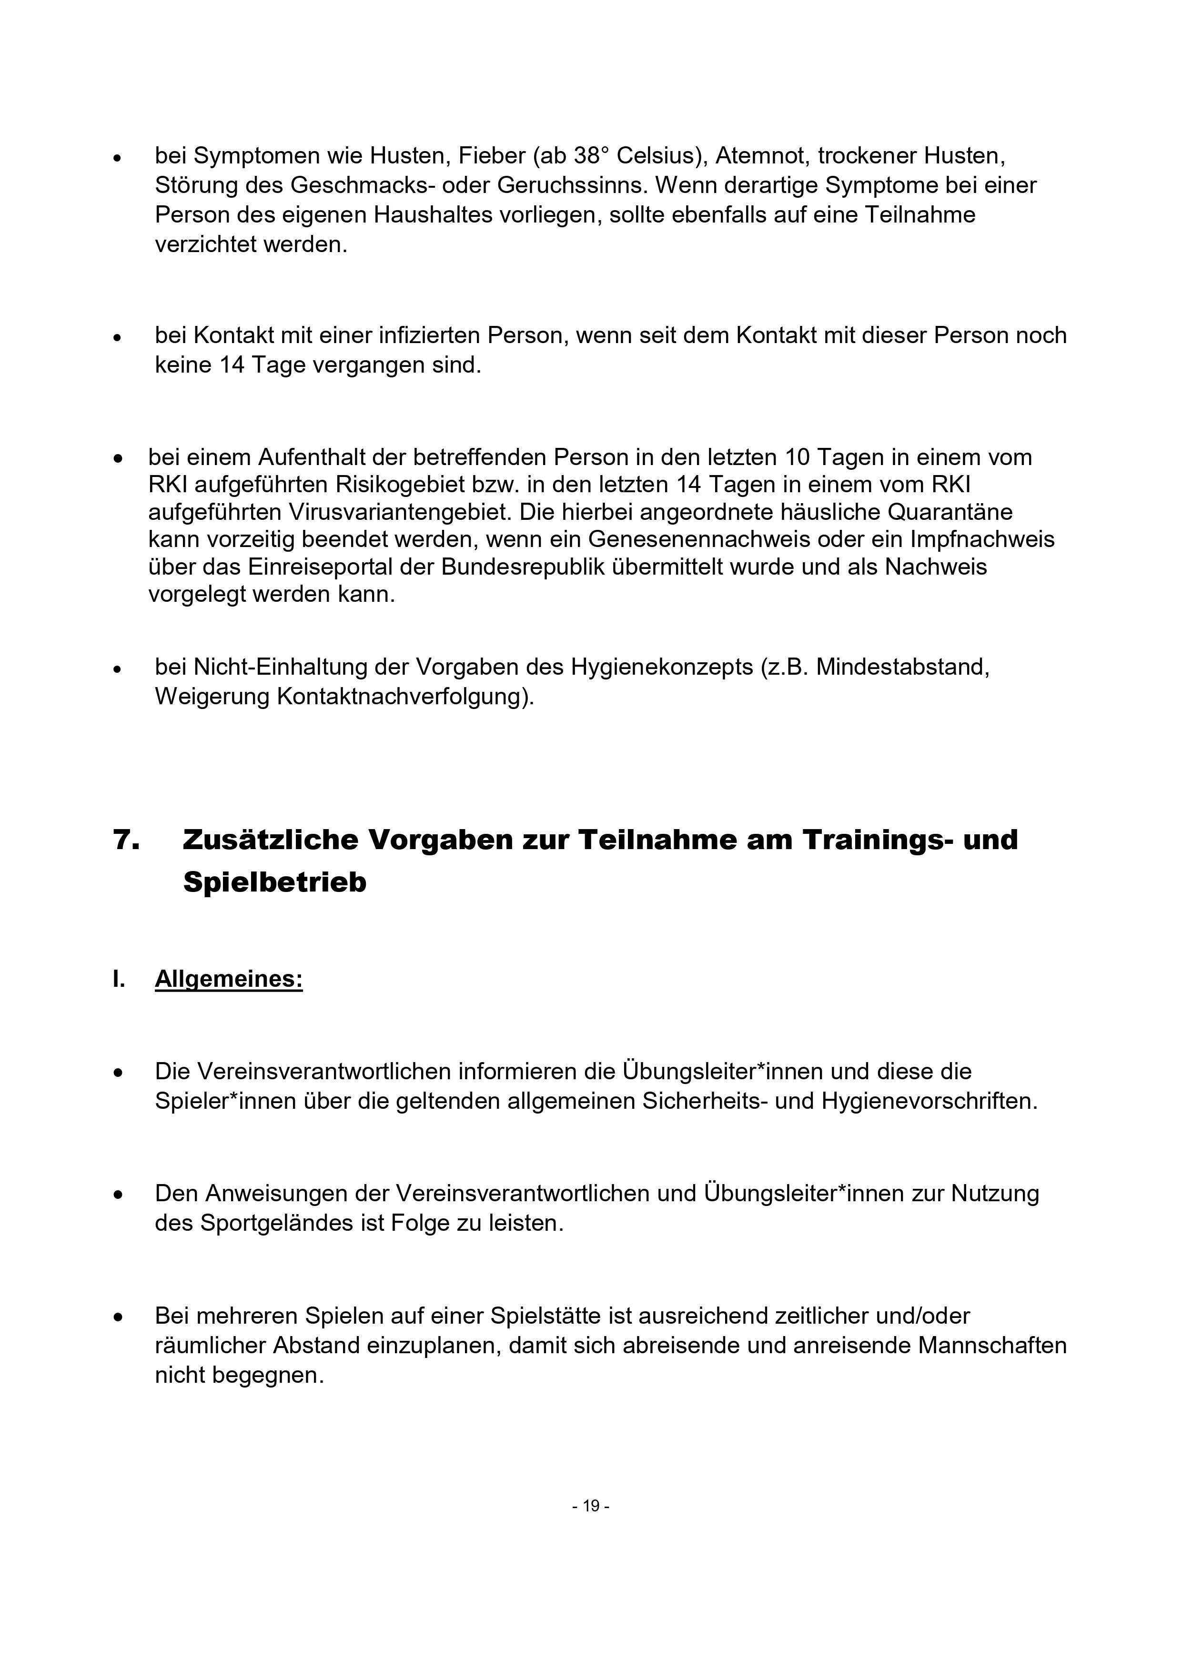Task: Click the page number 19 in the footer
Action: click(x=591, y=1505)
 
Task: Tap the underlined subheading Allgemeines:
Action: click(x=229, y=979)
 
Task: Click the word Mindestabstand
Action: click(x=902, y=667)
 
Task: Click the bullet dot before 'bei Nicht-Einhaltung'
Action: click(x=117, y=669)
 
